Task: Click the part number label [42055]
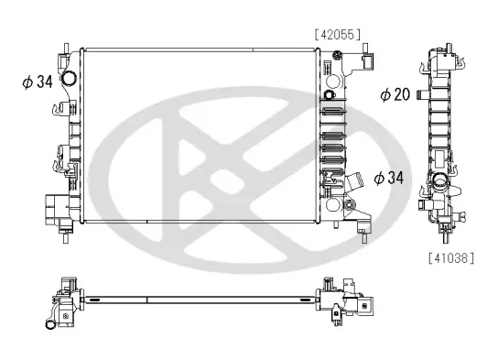tap(337, 34)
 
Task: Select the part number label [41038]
tap(451, 258)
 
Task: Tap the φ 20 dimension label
tap(397, 93)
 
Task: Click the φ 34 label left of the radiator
tap(38, 82)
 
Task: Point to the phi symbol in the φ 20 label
tap(386, 93)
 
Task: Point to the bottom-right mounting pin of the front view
tap(366, 240)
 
